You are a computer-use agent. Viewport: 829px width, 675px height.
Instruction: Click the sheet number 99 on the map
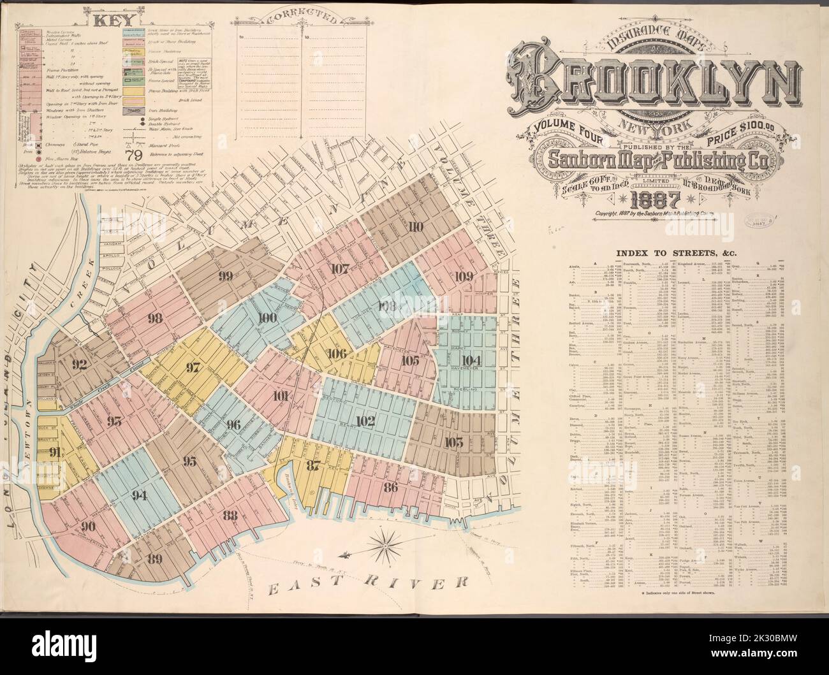pos(224,276)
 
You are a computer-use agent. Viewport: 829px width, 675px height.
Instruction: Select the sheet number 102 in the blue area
pos(365,421)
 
